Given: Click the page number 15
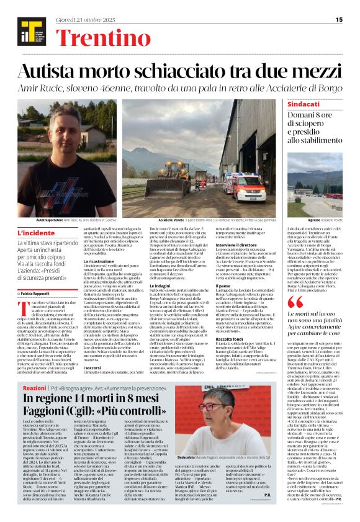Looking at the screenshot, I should [339, 20].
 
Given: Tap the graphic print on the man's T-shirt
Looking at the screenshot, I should [76, 189].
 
